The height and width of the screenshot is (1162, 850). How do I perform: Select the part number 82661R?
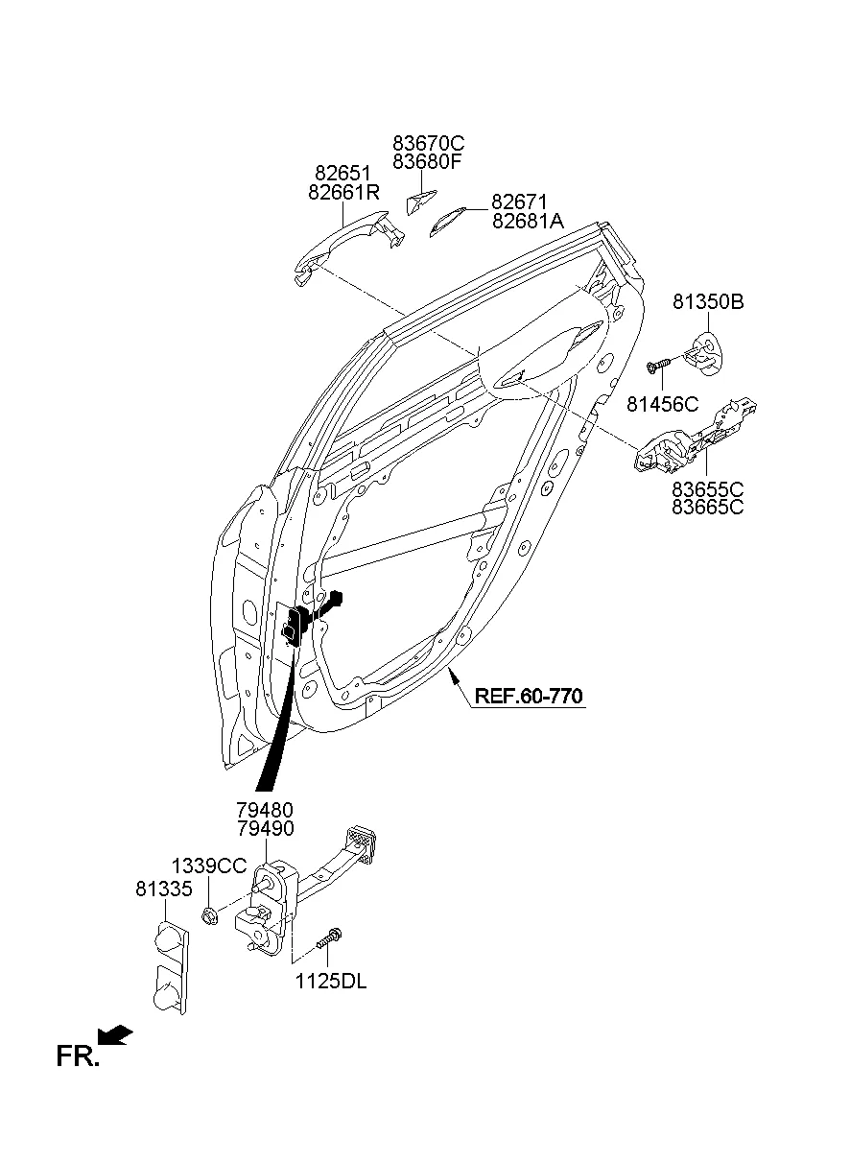(x=344, y=193)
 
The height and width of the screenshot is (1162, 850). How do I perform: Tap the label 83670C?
(x=428, y=143)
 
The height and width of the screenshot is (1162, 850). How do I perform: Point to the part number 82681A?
(x=528, y=222)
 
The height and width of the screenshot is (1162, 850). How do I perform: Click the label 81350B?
(x=708, y=302)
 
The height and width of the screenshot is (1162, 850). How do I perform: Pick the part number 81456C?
(x=665, y=404)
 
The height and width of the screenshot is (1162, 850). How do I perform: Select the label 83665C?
(x=707, y=508)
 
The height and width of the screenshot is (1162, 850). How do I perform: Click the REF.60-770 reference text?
(x=528, y=696)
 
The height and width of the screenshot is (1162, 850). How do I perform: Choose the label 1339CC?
(x=209, y=866)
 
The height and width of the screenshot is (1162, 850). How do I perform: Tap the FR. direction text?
(x=78, y=1057)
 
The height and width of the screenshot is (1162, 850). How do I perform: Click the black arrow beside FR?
(x=116, y=1035)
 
